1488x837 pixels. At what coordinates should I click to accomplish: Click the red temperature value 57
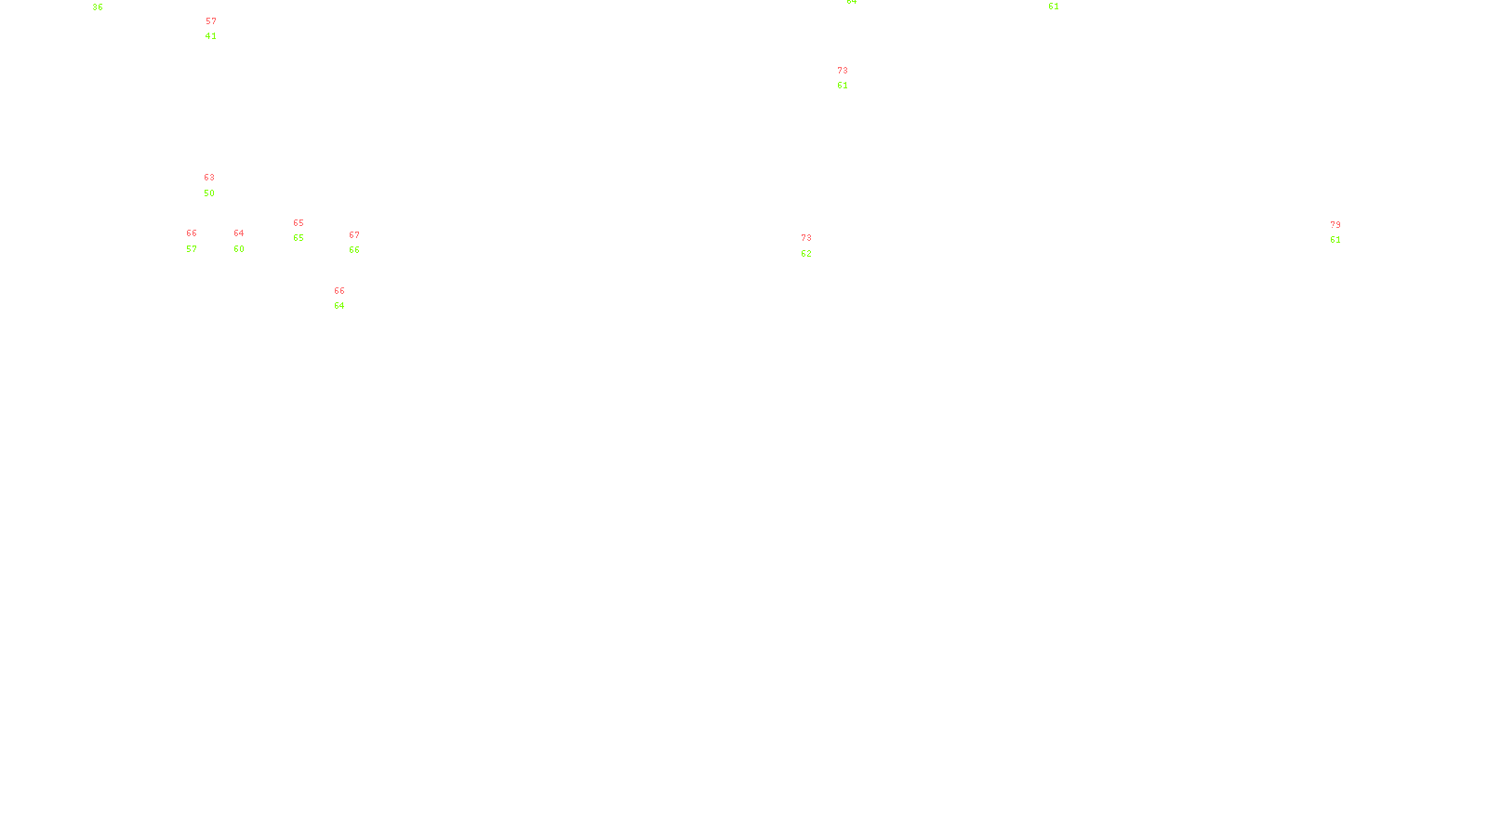click(x=211, y=21)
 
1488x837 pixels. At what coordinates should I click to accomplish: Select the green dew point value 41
click(x=211, y=36)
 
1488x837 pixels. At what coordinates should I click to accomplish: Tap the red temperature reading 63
click(x=209, y=178)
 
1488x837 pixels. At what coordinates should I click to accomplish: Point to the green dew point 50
click(x=209, y=193)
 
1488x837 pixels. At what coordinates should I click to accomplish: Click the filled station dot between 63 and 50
click(x=219, y=186)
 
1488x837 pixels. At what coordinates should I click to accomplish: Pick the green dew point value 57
click(x=192, y=249)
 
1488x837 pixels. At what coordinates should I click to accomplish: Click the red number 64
click(x=239, y=233)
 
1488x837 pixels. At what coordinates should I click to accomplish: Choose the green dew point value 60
click(x=239, y=249)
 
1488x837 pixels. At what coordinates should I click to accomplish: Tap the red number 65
click(x=299, y=223)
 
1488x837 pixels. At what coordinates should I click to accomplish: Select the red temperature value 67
click(x=354, y=235)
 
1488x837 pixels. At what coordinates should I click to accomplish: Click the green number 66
click(x=354, y=250)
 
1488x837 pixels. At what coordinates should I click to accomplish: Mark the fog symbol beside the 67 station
click(x=354, y=243)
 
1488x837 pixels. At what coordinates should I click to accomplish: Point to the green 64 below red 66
click(x=339, y=306)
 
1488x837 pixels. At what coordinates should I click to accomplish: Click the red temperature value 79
click(x=1335, y=225)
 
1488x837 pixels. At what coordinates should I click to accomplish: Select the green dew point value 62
click(x=806, y=254)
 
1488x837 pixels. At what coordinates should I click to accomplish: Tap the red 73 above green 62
click(x=806, y=238)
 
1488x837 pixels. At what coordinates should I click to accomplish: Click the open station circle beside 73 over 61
click(x=851, y=78)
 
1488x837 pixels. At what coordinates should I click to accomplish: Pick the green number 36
click(x=98, y=7)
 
